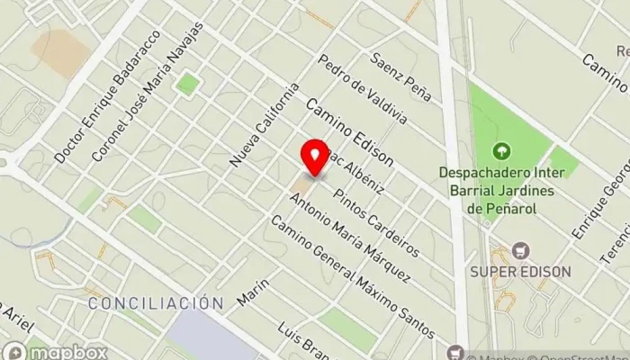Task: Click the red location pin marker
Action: (x=314, y=157)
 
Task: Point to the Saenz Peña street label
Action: (x=401, y=76)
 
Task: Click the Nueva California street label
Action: (x=264, y=125)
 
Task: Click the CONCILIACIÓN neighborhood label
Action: (x=155, y=303)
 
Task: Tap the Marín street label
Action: (x=254, y=289)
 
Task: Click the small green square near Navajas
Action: (x=187, y=85)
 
